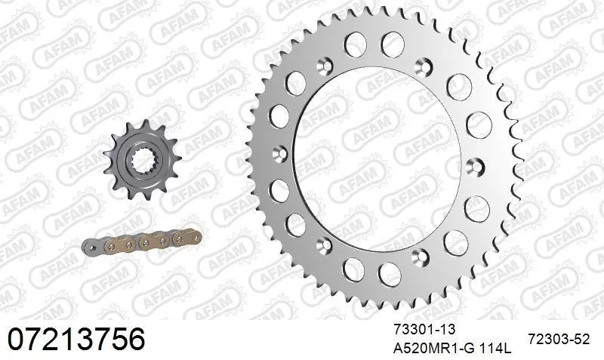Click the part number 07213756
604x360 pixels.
pyautogui.click(x=75, y=339)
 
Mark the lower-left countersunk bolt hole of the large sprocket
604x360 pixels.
pyautogui.click(x=325, y=242)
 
